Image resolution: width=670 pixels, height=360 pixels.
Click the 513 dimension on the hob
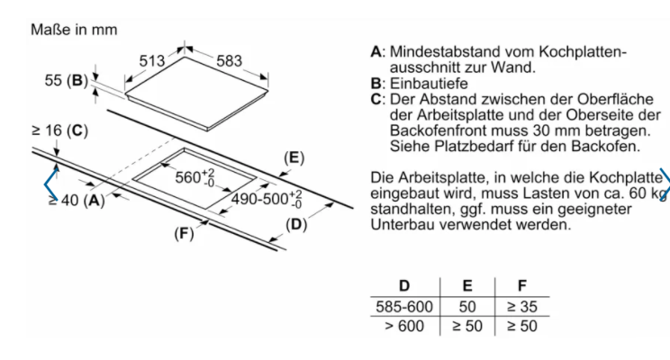coord(151,61)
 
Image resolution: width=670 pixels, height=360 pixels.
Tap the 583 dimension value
coord(229,61)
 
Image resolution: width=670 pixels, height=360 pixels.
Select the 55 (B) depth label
coord(67,80)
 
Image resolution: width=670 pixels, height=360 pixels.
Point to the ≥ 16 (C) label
coord(59,130)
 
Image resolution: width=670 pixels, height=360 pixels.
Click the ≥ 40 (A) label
coord(77,200)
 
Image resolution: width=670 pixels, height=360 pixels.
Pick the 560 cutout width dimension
coord(195,176)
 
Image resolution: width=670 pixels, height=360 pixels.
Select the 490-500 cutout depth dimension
coord(267,199)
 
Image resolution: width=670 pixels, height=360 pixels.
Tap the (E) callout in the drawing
coord(294,158)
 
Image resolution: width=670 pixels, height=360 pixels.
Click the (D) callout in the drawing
coord(296,225)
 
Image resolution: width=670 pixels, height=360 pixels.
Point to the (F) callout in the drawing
coord(184,234)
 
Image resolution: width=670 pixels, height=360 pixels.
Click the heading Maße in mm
coord(74,30)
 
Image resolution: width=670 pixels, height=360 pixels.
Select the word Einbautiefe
coord(429,84)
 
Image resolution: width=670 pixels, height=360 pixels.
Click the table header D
coord(404,285)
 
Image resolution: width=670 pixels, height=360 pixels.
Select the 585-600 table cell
coord(404,307)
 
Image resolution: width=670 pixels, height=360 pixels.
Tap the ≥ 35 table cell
coord(521,307)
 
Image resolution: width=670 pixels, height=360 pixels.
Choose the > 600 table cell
coord(404,327)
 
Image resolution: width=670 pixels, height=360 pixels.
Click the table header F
coord(522,285)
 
